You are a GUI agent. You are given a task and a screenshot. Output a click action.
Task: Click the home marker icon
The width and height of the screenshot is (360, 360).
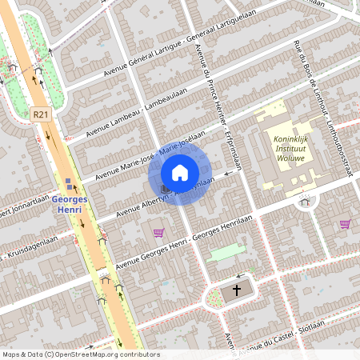pyautogui.click(x=179, y=173)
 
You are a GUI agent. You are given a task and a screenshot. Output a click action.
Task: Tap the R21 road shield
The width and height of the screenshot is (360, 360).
pyautogui.click(x=42, y=115)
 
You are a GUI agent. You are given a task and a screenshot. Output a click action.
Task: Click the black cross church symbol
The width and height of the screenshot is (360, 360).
pyautogui.click(x=237, y=291)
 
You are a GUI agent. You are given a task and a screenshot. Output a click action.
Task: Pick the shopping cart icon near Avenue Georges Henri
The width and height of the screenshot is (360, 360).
pyautogui.click(x=158, y=233)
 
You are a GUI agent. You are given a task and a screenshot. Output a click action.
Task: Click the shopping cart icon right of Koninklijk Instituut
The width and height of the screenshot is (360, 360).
pyautogui.click(x=345, y=224)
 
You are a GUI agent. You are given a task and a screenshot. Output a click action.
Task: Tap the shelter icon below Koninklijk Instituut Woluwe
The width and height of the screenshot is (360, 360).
pyautogui.click(x=304, y=202)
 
